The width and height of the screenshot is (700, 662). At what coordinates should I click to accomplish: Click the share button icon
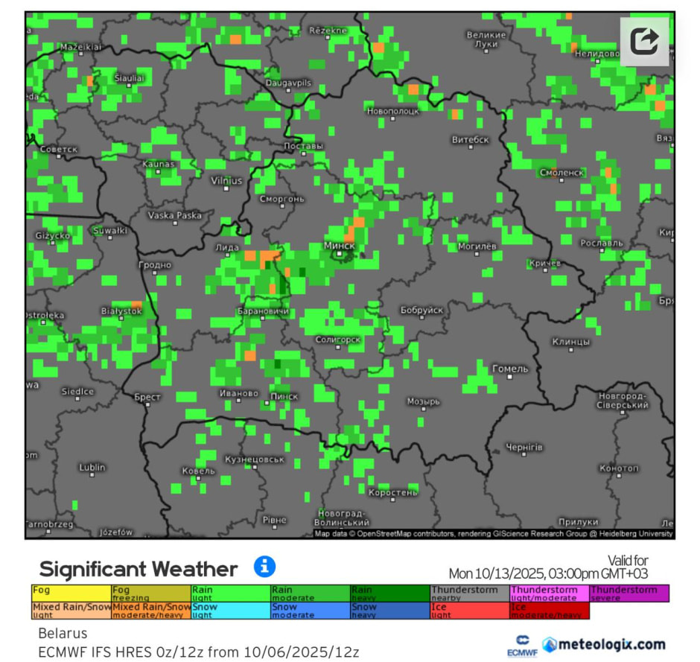pyautogui.click(x=644, y=41)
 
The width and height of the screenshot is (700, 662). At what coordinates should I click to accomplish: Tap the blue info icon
pyautogui.click(x=264, y=567)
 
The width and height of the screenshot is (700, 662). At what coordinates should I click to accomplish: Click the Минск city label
pyautogui.click(x=340, y=245)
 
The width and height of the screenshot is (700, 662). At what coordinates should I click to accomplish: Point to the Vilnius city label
pyautogui.click(x=226, y=180)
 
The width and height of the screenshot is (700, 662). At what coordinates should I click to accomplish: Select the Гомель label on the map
pyautogui.click(x=511, y=369)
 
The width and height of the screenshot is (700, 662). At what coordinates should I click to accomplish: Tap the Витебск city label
pyautogui.click(x=471, y=139)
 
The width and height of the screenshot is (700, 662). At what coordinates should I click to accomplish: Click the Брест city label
pyautogui.click(x=147, y=397)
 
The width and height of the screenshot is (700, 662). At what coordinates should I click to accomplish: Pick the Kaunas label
pyautogui.click(x=159, y=164)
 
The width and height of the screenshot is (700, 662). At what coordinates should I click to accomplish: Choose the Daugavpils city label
pyautogui.click(x=288, y=82)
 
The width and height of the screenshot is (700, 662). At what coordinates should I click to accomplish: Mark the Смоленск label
pyautogui.click(x=562, y=172)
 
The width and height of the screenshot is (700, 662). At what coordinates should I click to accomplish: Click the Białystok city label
pyautogui.click(x=121, y=311)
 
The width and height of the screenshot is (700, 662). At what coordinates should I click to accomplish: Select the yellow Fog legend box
pyautogui.click(x=71, y=593)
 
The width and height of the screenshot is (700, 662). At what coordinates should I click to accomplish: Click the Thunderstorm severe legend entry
pyautogui.click(x=629, y=593)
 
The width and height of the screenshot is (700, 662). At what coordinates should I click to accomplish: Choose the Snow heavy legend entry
pyautogui.click(x=389, y=611)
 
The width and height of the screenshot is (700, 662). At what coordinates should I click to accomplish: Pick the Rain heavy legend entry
pyautogui.click(x=389, y=593)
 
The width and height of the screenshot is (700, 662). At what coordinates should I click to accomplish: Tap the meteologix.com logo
pyautogui.click(x=603, y=644)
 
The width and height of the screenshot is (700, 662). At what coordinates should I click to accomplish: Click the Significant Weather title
pyautogui.click(x=139, y=570)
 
